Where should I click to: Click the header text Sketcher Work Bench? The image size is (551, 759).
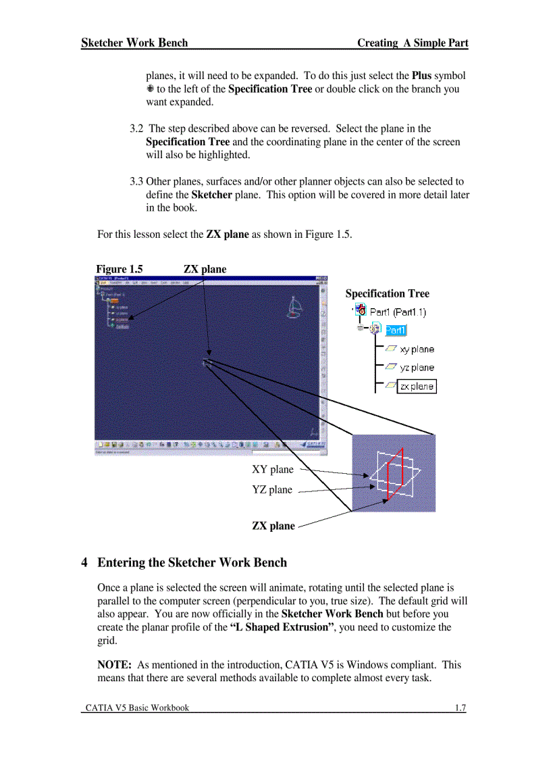click(134, 43)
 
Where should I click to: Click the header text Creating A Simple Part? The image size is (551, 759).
click(412, 43)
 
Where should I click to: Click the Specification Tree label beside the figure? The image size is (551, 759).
click(387, 293)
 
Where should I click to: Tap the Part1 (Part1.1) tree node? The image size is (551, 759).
click(398, 312)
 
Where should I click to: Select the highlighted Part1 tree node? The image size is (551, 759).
click(396, 330)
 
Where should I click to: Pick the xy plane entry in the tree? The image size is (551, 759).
click(417, 349)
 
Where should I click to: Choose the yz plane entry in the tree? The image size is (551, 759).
click(417, 368)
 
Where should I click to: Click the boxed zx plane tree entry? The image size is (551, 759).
click(417, 387)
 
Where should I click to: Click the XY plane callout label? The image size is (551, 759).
click(273, 469)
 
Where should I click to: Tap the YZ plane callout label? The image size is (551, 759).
click(272, 489)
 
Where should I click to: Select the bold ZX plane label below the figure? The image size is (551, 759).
click(273, 526)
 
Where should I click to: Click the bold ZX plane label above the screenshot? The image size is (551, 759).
click(205, 269)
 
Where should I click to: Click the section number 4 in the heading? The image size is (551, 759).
click(84, 562)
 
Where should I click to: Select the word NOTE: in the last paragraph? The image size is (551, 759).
click(114, 664)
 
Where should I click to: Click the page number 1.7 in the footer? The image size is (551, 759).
click(460, 708)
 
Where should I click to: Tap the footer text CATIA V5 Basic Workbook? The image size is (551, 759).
click(137, 708)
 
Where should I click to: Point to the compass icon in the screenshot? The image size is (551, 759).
click(295, 308)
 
